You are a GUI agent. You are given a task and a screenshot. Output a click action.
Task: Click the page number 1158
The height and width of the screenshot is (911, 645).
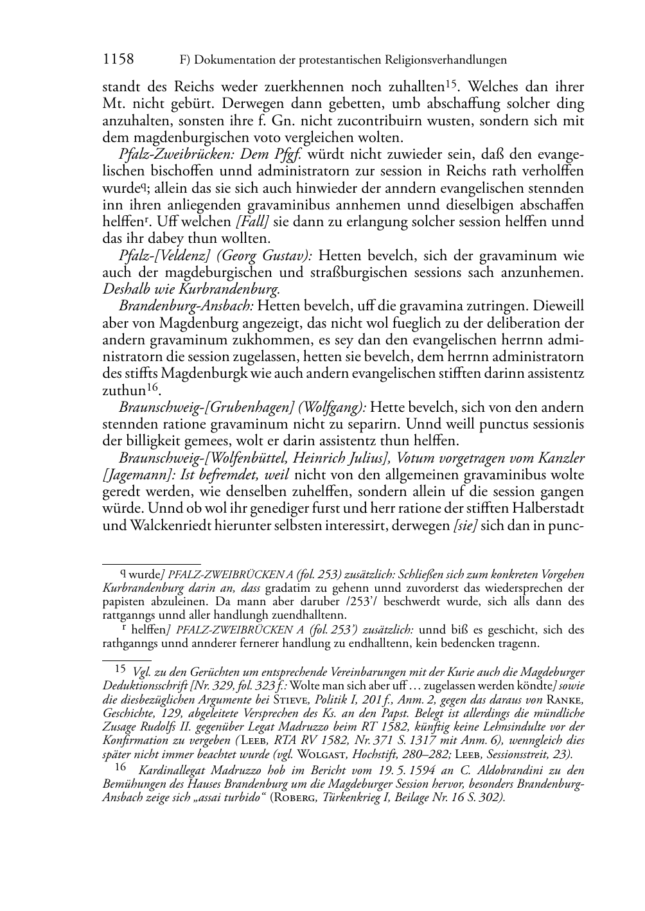click(118, 60)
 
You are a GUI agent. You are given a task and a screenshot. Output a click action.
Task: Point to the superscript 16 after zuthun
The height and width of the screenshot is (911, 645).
click(152, 387)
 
